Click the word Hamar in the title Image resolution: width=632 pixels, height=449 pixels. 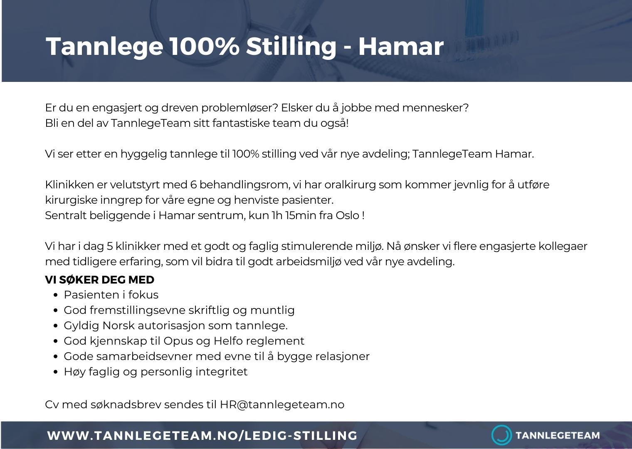point(401,46)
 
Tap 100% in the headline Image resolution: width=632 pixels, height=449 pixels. point(205,46)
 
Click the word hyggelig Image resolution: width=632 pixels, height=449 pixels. point(144,154)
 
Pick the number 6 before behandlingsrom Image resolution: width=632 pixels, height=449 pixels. point(194,185)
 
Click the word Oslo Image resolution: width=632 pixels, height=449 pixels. point(347,215)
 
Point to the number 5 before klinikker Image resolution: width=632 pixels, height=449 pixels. point(110,246)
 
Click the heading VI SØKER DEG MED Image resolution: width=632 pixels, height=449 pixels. point(100,280)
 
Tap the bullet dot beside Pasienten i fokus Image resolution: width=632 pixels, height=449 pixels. point(56,295)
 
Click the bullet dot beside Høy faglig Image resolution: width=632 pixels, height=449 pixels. point(56,372)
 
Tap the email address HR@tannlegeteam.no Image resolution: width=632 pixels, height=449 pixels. point(282,405)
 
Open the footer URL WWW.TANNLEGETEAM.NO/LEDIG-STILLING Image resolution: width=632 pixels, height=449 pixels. point(202,436)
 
